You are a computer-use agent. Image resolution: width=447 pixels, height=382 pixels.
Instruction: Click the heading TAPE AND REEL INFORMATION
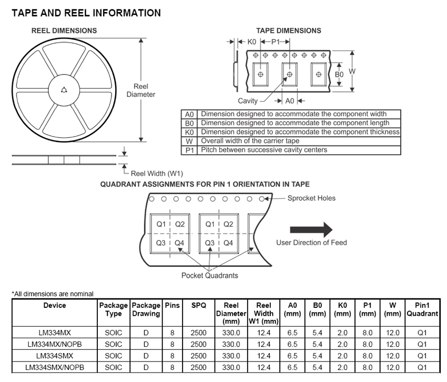coord(86,13)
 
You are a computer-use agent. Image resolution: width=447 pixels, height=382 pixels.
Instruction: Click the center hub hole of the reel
coord(64,91)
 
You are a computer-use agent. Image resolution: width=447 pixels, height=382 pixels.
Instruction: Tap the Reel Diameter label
coord(141,91)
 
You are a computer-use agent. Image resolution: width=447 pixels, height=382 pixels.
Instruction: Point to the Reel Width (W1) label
coord(157,174)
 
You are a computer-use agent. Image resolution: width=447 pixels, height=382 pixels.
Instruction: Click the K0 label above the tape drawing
coord(252,42)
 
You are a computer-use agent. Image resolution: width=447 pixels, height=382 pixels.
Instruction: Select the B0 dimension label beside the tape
coord(339,75)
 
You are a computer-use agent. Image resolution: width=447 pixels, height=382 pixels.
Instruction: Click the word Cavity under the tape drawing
coord(248,100)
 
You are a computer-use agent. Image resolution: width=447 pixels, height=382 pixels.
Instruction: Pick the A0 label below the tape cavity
coord(290,100)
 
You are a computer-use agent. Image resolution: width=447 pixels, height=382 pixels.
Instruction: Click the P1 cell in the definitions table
coord(189,150)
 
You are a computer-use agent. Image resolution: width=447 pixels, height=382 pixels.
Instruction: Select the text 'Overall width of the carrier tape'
coord(250,140)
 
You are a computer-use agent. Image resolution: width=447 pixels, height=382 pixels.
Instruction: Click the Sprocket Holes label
coord(311,198)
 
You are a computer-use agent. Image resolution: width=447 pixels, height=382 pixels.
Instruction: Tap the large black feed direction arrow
coord(311,229)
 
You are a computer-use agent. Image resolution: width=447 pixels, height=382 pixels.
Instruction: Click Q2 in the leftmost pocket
coord(180,224)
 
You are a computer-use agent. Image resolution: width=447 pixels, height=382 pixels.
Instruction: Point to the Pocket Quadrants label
coord(209,275)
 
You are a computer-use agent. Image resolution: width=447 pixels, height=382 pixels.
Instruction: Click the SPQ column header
coord(198,305)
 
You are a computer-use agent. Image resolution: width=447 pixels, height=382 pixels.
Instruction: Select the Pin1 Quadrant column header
coord(422,309)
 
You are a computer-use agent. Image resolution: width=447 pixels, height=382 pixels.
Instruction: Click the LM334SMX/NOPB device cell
coord(55,367)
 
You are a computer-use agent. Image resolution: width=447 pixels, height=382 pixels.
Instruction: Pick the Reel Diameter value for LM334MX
coord(231,333)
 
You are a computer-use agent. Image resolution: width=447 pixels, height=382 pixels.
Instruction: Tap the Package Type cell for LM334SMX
coord(114,356)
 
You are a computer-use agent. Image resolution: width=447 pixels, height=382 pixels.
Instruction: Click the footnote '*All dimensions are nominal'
coord(53,294)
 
